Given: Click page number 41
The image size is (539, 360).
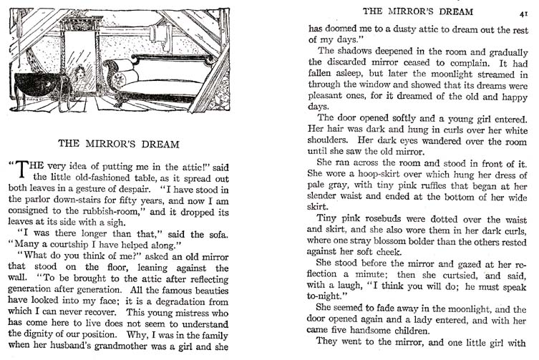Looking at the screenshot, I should pyautogui.click(x=524, y=12).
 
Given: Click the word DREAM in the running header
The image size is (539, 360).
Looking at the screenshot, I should pyautogui.click(x=446, y=11).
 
